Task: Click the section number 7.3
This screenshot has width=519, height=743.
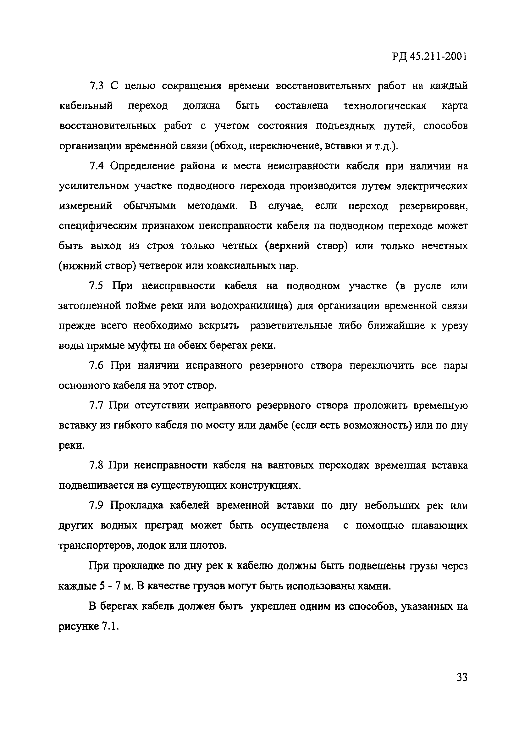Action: tap(96, 86)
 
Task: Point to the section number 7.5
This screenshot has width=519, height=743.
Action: tap(96, 286)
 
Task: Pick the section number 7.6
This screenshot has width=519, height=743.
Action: tap(96, 366)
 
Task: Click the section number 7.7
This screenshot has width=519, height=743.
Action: tap(96, 406)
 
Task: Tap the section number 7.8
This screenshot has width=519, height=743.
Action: tap(96, 465)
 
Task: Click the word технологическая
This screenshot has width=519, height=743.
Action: tap(385, 106)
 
